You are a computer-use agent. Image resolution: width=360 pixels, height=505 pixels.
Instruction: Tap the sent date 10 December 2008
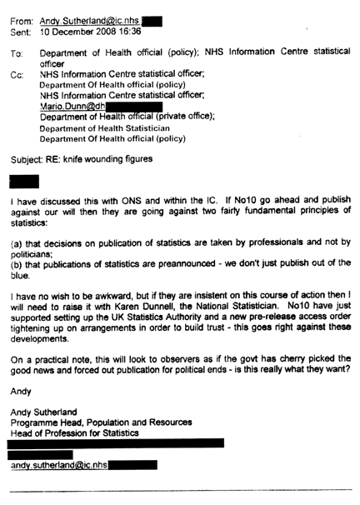79,28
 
